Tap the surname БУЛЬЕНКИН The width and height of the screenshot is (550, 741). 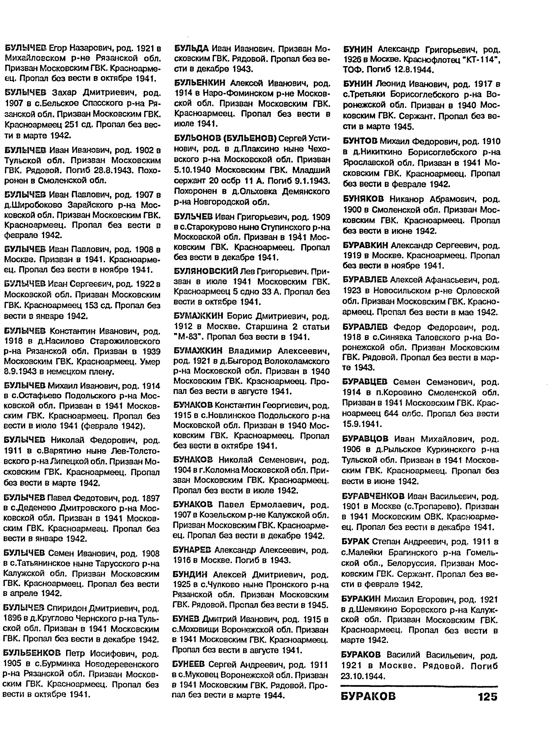200,83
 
